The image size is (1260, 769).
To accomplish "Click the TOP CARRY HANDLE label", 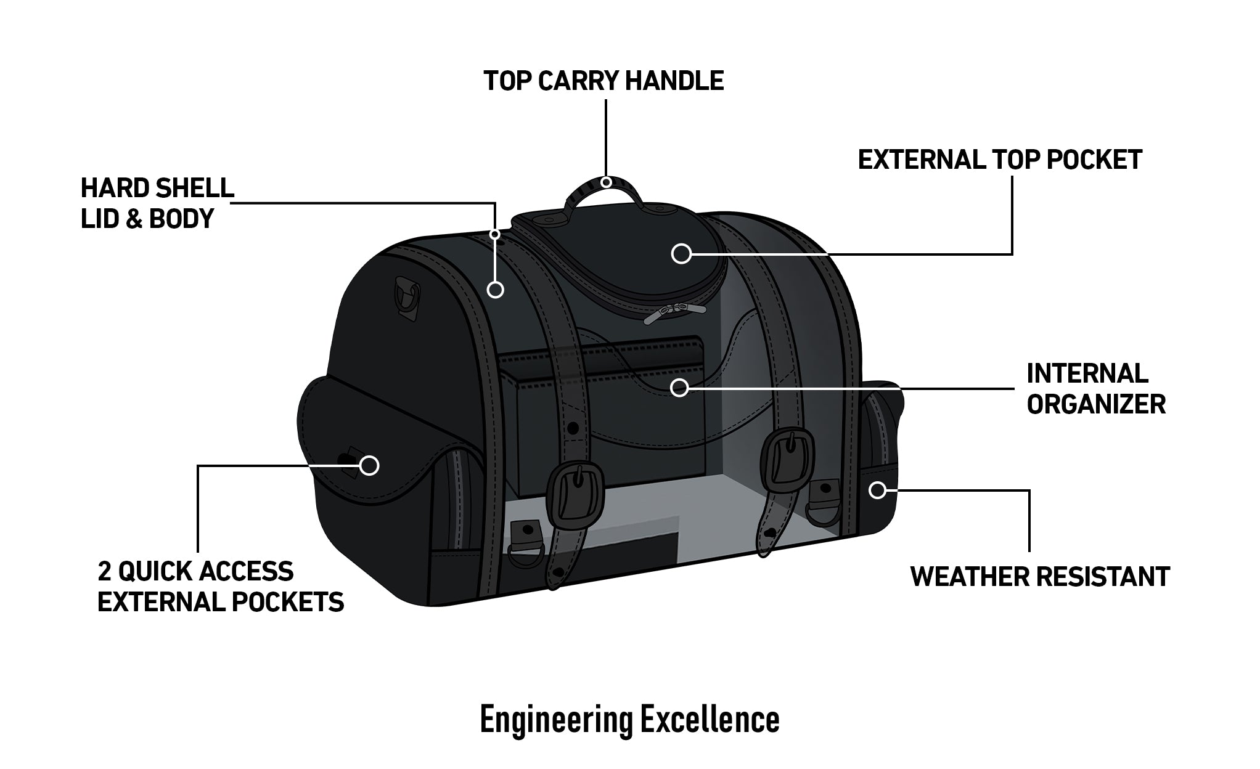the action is coord(603,81).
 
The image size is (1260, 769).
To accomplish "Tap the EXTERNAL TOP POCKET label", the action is coord(1000,160).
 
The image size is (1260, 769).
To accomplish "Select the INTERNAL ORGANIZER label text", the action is coord(1096,389).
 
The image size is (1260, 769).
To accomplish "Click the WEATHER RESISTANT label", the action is coord(1040,577).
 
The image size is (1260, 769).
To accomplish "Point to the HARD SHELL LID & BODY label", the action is coord(157,203).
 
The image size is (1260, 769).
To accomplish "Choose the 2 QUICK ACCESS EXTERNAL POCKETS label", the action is coord(221,587).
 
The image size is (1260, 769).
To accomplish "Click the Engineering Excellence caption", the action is coord(629,720).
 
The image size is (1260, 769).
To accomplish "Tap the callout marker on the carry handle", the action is coord(607,182).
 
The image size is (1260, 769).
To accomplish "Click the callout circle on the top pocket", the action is coord(681,253).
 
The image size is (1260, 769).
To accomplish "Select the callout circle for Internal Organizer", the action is coord(679,387).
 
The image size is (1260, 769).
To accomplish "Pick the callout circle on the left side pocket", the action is coord(369,465).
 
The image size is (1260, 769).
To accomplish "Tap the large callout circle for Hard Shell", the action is coord(496,289).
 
